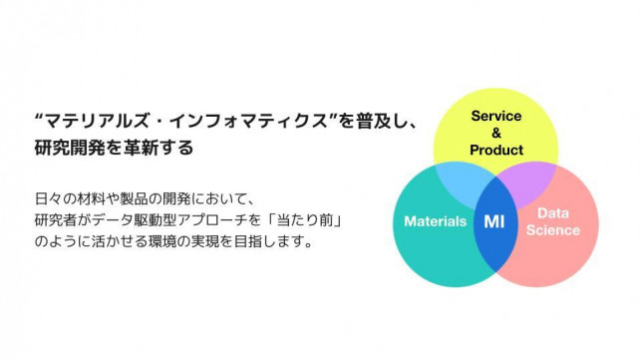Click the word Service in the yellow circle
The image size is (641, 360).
click(496, 116)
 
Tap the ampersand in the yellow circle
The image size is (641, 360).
click(496, 133)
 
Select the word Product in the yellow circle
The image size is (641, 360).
click(496, 150)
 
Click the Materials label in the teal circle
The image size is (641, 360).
click(436, 221)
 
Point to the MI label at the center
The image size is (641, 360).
click(494, 221)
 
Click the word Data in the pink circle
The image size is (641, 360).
click(552, 212)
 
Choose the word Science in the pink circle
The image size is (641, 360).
click(552, 230)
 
